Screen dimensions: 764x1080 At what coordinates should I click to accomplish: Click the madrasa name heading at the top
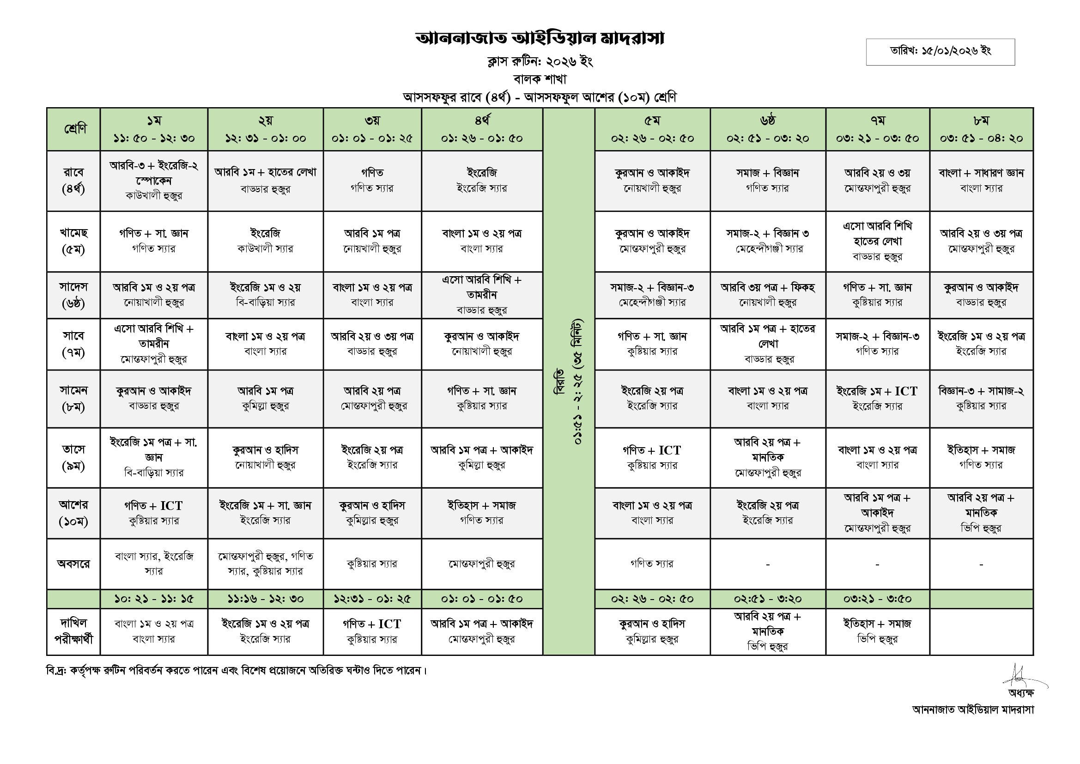pos(540,39)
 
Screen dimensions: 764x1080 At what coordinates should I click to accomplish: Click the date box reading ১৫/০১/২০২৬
pos(940,51)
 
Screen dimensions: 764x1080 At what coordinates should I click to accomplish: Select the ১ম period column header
pos(154,129)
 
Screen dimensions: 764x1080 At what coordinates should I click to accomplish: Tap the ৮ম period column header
pos(981,129)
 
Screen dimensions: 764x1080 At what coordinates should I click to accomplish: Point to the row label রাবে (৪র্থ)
pos(73,181)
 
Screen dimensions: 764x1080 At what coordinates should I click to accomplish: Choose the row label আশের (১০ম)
pos(73,513)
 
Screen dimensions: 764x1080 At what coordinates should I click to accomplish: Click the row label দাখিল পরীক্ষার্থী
pos(73,631)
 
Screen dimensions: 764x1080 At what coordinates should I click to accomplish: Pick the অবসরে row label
pos(73,564)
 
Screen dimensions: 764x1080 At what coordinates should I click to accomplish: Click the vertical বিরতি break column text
pos(568,381)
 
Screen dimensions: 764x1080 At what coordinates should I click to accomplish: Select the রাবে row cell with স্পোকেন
pos(154,181)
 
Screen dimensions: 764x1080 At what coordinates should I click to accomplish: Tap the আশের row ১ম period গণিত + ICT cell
pos(154,513)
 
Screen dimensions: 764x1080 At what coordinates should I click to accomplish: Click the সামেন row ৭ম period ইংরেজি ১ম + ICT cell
pos(877,398)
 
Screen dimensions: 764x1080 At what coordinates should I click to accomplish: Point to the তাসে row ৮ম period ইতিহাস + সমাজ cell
pos(981,457)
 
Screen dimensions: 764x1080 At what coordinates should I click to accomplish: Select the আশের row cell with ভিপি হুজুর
pos(981,513)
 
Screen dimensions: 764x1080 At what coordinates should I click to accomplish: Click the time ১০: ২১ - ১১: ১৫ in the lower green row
pos(154,599)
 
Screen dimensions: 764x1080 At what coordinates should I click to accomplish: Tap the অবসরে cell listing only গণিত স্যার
pos(652,564)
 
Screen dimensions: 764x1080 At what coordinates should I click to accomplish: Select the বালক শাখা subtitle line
pos(540,79)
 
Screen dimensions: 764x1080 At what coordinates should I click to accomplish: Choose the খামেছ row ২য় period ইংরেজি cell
pos(265,241)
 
